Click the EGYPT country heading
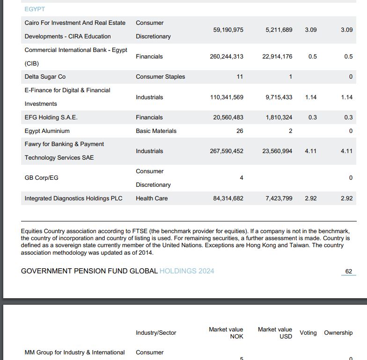pyautogui.click(x=35, y=9)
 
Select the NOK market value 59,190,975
pyautogui.click(x=228, y=29)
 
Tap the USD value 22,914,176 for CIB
pyautogui.click(x=279, y=57)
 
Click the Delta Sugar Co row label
pyautogui.click(x=45, y=77)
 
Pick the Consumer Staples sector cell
pyautogui.click(x=160, y=77)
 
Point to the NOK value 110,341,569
pyautogui.click(x=227, y=97)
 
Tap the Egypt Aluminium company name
pyautogui.click(x=47, y=131)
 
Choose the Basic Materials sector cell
pyautogui.click(x=156, y=131)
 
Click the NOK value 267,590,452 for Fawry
pyautogui.click(x=227, y=151)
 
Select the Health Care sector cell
pyautogui.click(x=152, y=198)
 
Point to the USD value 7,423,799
pyautogui.click(x=279, y=198)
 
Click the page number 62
pyautogui.click(x=348, y=272)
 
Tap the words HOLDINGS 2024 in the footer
pyautogui.click(x=187, y=271)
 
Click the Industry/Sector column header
pyautogui.click(x=156, y=333)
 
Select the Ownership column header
pyautogui.click(x=338, y=333)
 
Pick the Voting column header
pyautogui.click(x=308, y=333)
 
